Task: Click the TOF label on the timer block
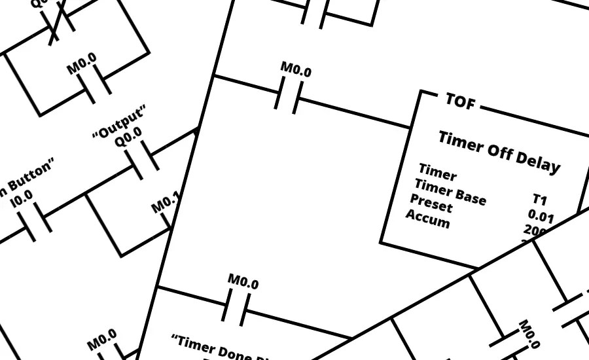[x=460, y=101]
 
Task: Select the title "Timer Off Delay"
[x=499, y=151]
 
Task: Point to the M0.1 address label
[x=166, y=204]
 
